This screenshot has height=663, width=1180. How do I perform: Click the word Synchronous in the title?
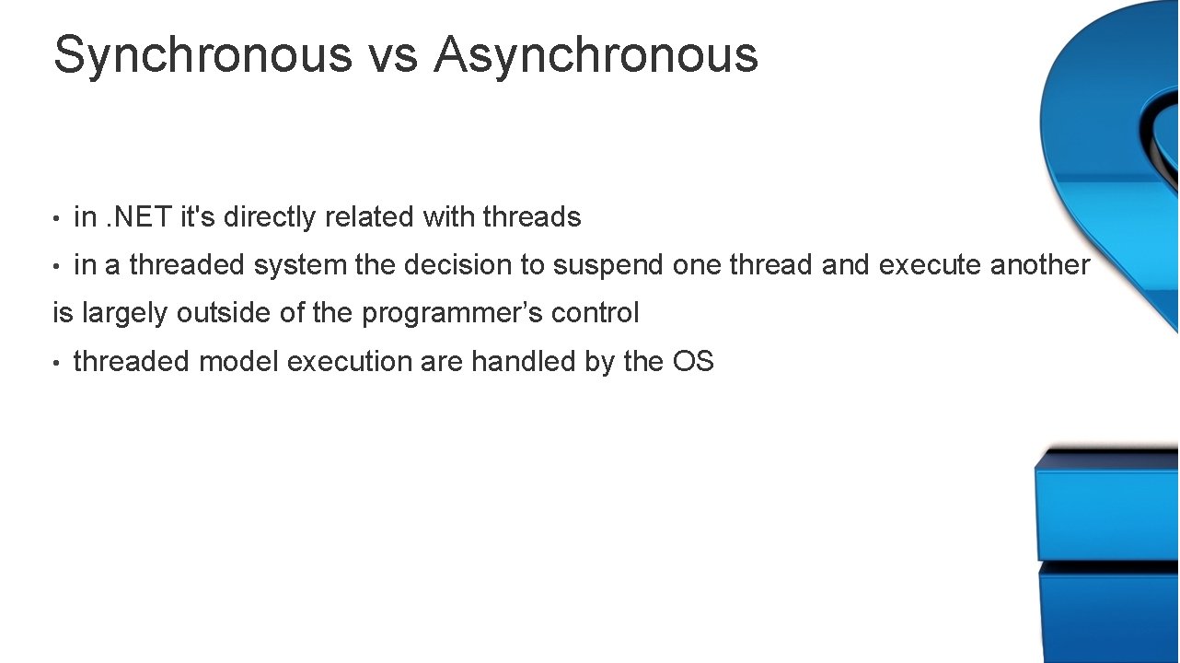(x=202, y=55)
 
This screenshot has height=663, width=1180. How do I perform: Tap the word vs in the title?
(x=392, y=55)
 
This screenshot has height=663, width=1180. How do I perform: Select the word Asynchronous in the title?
(x=596, y=55)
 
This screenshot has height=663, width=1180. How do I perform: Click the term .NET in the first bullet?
(x=139, y=217)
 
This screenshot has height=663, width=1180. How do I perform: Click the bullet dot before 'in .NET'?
(x=57, y=218)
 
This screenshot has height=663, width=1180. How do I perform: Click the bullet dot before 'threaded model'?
(x=57, y=363)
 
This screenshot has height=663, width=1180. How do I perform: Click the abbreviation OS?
(x=693, y=361)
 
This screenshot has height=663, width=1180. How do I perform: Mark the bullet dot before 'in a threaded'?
(x=57, y=266)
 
